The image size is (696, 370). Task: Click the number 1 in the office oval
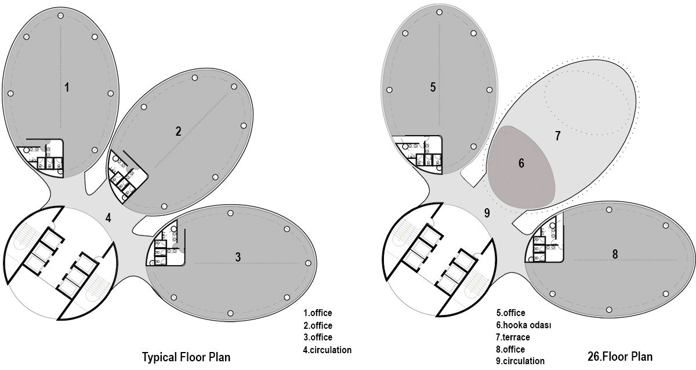click(67, 88)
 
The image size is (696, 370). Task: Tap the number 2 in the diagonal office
click(178, 131)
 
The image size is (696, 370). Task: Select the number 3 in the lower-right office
click(238, 257)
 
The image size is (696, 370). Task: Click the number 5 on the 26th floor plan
click(433, 88)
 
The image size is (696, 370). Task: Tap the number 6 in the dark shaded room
click(521, 164)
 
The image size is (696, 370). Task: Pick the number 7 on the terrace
click(557, 136)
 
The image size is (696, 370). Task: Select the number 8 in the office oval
click(615, 254)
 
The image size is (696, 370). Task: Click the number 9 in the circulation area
click(487, 213)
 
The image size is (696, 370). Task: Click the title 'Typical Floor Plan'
click(186, 357)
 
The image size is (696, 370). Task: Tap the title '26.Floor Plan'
click(620, 357)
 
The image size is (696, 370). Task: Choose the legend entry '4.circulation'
click(327, 350)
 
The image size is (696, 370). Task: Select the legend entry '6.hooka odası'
click(523, 325)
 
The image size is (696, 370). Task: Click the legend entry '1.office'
click(317, 313)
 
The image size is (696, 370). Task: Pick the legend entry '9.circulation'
click(520, 361)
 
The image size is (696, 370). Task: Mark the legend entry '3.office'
click(317, 338)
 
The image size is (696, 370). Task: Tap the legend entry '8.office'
click(510, 349)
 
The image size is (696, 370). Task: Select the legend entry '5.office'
click(510, 313)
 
